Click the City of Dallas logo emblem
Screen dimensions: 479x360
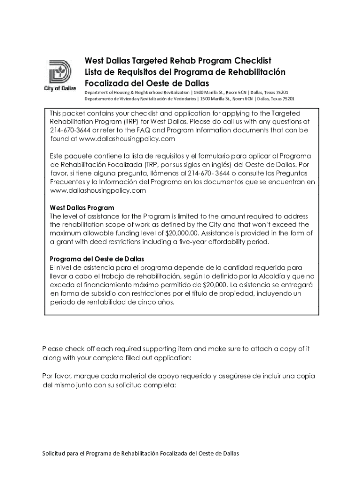pyautogui.click(x=60, y=73)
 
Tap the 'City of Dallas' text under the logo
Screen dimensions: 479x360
pyautogui.click(x=60, y=89)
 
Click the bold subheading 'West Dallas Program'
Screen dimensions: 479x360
pyautogui.click(x=82, y=208)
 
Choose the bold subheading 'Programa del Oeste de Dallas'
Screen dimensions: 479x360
pyautogui.click(x=97, y=259)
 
